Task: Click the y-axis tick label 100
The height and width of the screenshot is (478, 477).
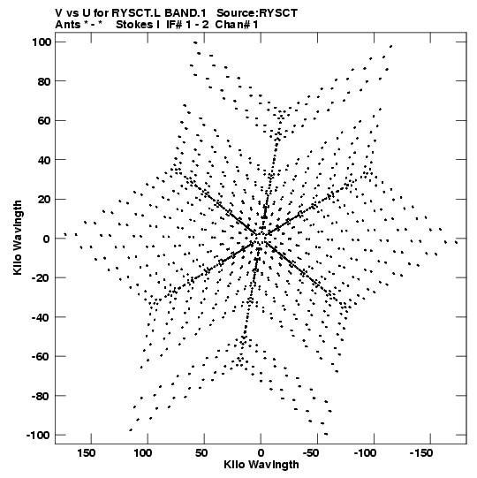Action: (42, 42)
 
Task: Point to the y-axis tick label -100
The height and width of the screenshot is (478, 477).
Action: (39, 435)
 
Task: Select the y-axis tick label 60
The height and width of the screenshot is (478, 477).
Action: (44, 121)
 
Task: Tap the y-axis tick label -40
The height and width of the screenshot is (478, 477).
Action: (42, 317)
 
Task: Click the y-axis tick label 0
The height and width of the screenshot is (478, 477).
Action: (47, 239)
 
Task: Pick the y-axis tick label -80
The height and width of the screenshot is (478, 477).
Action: (42, 396)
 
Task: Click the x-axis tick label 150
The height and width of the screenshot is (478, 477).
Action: (86, 453)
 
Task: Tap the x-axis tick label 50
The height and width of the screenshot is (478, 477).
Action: (201, 453)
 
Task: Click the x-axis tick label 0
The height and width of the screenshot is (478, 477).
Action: (261, 453)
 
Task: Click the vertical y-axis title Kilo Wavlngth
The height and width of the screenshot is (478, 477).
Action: (18, 238)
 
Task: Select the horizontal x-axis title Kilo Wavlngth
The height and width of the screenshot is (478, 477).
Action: (261, 465)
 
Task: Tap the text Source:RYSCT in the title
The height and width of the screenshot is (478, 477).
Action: (257, 13)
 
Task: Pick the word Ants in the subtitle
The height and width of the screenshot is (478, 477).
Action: (68, 25)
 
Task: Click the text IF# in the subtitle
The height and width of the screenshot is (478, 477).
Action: (174, 25)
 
